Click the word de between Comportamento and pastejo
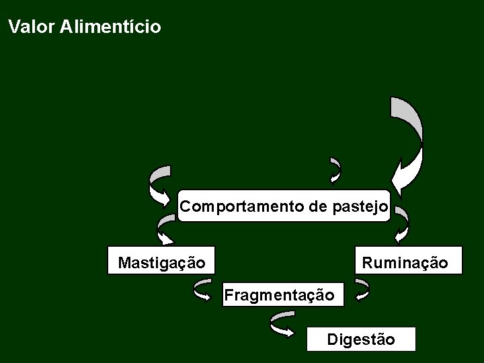(x=318, y=206)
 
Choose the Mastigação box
(x=161, y=261)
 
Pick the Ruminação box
(x=409, y=261)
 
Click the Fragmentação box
(x=283, y=294)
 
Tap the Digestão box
(x=361, y=339)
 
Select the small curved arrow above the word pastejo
(x=335, y=171)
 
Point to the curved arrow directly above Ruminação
(x=401, y=224)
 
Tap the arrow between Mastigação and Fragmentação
(x=202, y=290)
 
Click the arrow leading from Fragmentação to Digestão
(x=282, y=324)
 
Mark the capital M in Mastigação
(x=124, y=262)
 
